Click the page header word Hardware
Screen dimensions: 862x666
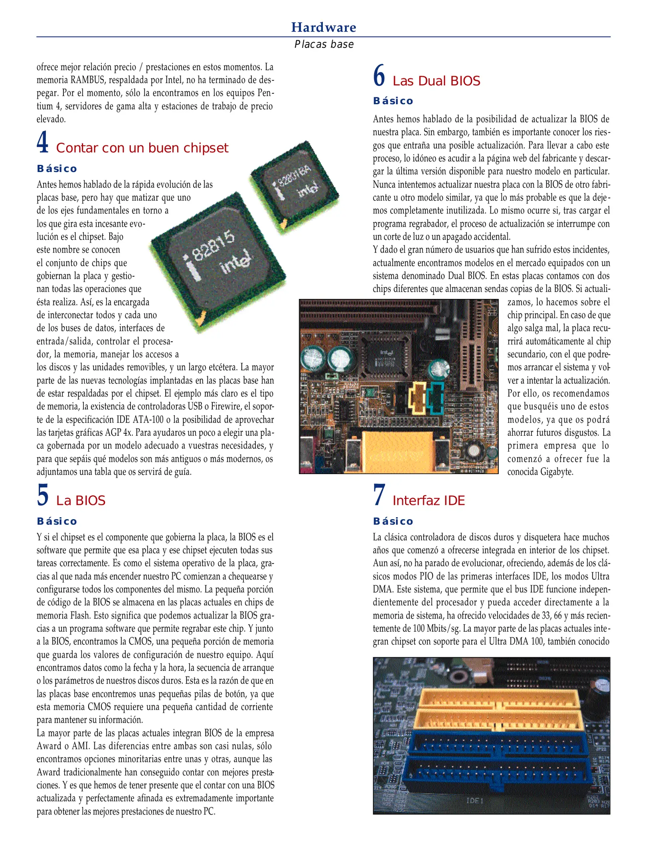coord(323,27)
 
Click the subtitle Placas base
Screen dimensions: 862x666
coord(324,44)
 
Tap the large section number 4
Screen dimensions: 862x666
coord(43,142)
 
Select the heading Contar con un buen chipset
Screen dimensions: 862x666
coord(142,148)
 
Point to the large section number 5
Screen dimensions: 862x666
coord(43,495)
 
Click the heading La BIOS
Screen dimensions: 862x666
coord(81,500)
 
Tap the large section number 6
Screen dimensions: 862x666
coord(379,75)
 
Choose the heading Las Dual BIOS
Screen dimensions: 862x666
coord(436,81)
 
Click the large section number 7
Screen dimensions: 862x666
coord(379,495)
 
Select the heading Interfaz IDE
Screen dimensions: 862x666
coord(429,500)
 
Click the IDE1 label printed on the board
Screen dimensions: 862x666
coord(475,801)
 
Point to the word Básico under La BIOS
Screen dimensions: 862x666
coord(57,521)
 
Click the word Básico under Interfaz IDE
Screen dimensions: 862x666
coord(393,521)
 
